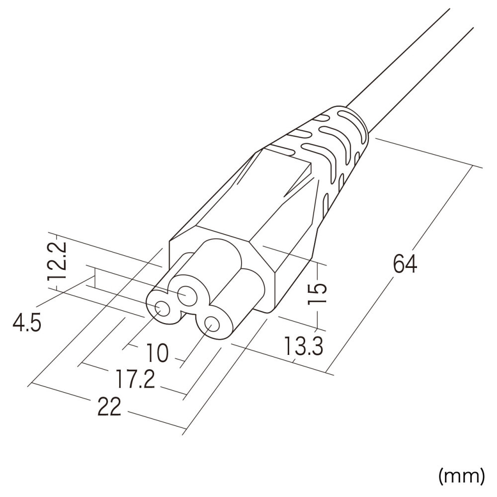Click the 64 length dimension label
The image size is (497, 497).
405,264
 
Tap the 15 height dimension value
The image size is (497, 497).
317,293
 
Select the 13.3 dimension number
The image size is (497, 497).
303,346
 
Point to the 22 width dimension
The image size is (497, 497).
109,407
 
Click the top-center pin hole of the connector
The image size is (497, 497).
187,296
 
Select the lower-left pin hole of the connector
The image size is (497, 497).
162,309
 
